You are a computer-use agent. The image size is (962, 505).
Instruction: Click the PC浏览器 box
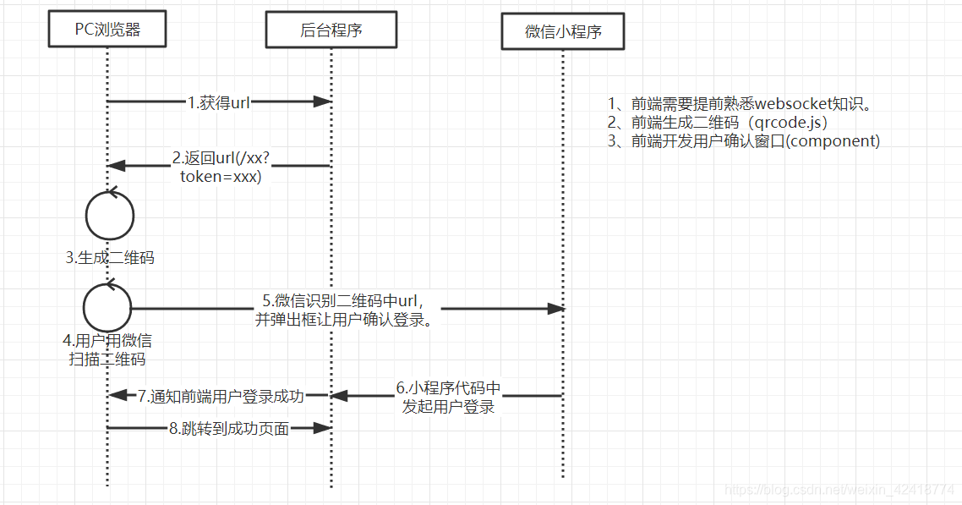(107, 31)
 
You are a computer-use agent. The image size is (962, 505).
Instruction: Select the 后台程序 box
(331, 31)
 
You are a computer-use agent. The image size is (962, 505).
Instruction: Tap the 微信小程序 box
(563, 33)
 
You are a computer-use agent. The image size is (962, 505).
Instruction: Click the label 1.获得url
(219, 102)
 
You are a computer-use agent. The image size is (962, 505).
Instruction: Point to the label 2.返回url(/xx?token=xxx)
(221, 167)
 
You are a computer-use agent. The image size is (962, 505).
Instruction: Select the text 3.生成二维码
(110, 258)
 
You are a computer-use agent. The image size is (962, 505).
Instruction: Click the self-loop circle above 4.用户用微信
(108, 307)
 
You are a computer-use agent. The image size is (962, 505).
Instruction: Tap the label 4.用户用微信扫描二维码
(107, 350)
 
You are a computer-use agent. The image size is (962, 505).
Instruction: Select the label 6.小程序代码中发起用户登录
(448, 397)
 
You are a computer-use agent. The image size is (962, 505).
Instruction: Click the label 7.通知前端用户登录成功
(221, 396)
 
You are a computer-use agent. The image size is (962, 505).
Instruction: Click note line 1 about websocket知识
(740, 104)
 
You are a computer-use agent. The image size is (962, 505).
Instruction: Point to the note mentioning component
(744, 141)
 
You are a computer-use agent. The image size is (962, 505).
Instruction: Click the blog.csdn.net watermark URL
(840, 490)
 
